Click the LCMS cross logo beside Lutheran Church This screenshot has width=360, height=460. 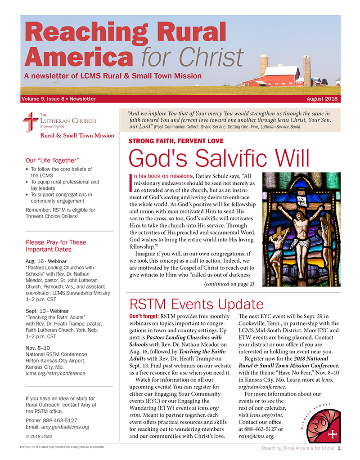30,122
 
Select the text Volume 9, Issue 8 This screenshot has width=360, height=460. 41,99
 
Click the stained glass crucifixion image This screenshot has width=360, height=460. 301,229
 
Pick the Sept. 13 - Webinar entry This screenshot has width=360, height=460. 47,310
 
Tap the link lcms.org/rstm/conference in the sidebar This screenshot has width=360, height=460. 55,373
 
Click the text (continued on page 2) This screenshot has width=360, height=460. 229,284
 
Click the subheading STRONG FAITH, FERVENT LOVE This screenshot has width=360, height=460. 176,141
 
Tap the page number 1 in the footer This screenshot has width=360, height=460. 338,448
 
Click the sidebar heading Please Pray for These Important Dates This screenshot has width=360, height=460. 56,246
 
